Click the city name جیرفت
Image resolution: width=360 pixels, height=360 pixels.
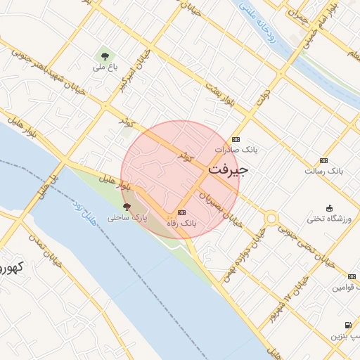pos(229,169)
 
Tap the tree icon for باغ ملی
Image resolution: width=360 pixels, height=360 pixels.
pos(105,56)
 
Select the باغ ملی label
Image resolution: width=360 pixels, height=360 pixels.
pos(104,68)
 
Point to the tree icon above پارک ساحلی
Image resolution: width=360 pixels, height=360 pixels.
pos(127,207)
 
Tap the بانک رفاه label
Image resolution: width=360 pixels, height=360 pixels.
pos(181,223)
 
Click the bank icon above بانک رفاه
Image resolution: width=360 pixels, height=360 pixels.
pos(182,212)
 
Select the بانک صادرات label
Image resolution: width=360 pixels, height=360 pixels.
pos(236,150)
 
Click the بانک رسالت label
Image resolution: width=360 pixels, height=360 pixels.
pos(322,171)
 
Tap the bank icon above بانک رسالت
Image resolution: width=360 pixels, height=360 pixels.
pos(323,160)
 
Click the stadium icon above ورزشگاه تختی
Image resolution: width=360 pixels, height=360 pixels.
pos(330,208)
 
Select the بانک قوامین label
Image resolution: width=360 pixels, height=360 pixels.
pos(345,288)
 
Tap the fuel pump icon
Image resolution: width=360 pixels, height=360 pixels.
pos(348,325)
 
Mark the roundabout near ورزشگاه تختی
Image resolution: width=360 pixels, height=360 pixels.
pos(271,219)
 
